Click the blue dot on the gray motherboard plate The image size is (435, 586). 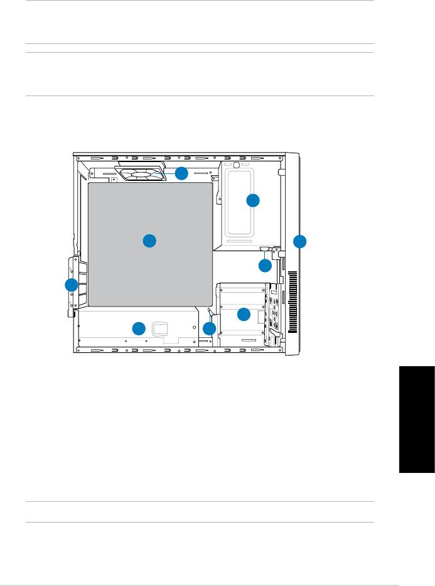point(149,241)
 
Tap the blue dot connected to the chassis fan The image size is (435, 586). point(181,174)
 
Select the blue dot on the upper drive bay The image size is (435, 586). point(252,200)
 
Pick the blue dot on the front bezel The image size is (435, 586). point(300,241)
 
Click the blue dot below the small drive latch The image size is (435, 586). point(265,266)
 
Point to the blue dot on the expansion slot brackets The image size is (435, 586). point(70,286)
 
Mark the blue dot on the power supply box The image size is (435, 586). point(139,328)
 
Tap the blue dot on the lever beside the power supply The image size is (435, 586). point(210,328)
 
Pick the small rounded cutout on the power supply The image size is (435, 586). point(161,327)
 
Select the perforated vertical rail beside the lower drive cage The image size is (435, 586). point(274,314)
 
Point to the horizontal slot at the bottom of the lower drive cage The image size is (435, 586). point(247,339)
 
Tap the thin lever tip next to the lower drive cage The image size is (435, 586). point(210,311)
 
